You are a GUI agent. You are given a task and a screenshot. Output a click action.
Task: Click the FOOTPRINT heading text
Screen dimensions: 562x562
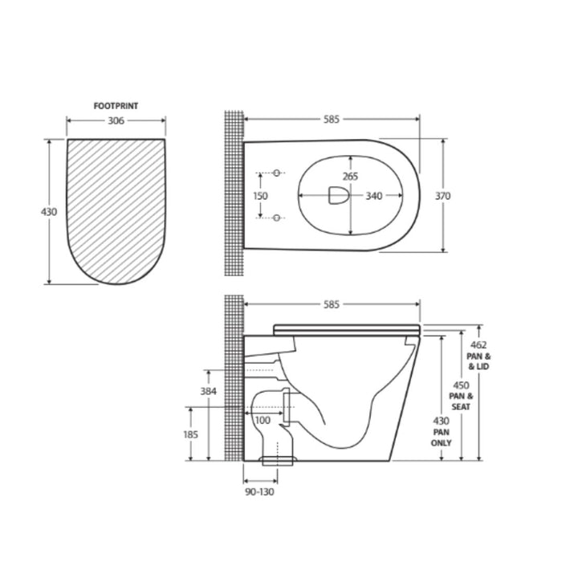(x=116, y=105)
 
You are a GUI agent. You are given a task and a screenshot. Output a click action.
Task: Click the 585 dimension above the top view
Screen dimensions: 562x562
(x=331, y=120)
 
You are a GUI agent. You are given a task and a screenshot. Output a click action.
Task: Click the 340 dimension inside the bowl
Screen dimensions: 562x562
(x=373, y=195)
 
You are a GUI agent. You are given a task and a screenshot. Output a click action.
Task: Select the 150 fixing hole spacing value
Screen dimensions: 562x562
(x=261, y=195)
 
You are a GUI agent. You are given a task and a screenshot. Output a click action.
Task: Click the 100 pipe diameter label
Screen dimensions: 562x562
(x=263, y=420)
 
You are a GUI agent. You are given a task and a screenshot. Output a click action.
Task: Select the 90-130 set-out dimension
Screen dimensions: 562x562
(x=259, y=491)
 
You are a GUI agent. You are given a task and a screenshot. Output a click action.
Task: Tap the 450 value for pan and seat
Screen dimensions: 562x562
(x=460, y=385)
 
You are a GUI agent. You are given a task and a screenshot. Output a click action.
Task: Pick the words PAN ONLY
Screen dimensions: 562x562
(x=442, y=438)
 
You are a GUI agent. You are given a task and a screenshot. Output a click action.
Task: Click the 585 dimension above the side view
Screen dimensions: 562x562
(x=331, y=304)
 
